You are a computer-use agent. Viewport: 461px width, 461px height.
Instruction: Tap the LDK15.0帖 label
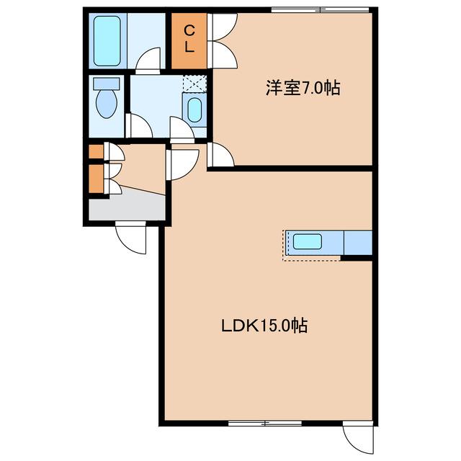pos(264,326)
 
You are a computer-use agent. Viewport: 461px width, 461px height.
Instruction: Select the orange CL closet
pos(189,40)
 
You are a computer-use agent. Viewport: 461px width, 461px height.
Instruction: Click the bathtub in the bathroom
pos(110,40)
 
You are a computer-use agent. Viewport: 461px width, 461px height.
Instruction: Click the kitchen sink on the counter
pos(307,242)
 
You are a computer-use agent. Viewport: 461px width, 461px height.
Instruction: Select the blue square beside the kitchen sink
pos(358,243)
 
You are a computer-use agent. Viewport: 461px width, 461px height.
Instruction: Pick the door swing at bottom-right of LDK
pos(358,434)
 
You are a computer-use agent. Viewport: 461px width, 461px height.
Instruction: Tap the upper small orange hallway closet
pos(95,151)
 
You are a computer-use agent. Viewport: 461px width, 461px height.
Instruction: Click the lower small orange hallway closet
pos(95,179)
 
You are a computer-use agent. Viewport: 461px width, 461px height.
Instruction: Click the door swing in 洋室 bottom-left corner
pos(220,155)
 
